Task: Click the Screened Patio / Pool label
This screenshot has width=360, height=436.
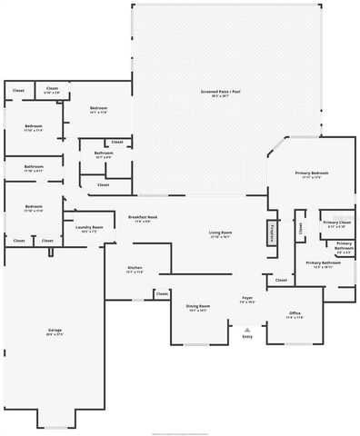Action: pos(221,93)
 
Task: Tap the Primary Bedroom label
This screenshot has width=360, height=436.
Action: pos(311,173)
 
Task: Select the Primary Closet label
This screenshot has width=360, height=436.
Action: pos(335,223)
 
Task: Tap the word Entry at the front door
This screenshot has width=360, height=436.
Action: pos(247,337)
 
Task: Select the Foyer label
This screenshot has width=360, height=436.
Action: pos(246,299)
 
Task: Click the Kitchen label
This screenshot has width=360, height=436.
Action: pos(135,269)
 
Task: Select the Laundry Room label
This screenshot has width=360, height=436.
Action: pos(88,229)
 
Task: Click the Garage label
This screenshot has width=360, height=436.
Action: pos(55,331)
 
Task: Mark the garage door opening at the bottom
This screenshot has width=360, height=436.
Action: pos(55,427)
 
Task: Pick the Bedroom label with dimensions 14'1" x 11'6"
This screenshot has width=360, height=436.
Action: pos(98,110)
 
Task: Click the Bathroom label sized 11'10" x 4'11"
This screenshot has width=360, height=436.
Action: pos(34,168)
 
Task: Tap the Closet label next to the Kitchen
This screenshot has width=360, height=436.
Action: pos(162,293)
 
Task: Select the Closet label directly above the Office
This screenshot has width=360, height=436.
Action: pos(281,280)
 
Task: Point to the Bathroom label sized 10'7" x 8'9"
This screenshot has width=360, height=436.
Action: pos(104,154)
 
